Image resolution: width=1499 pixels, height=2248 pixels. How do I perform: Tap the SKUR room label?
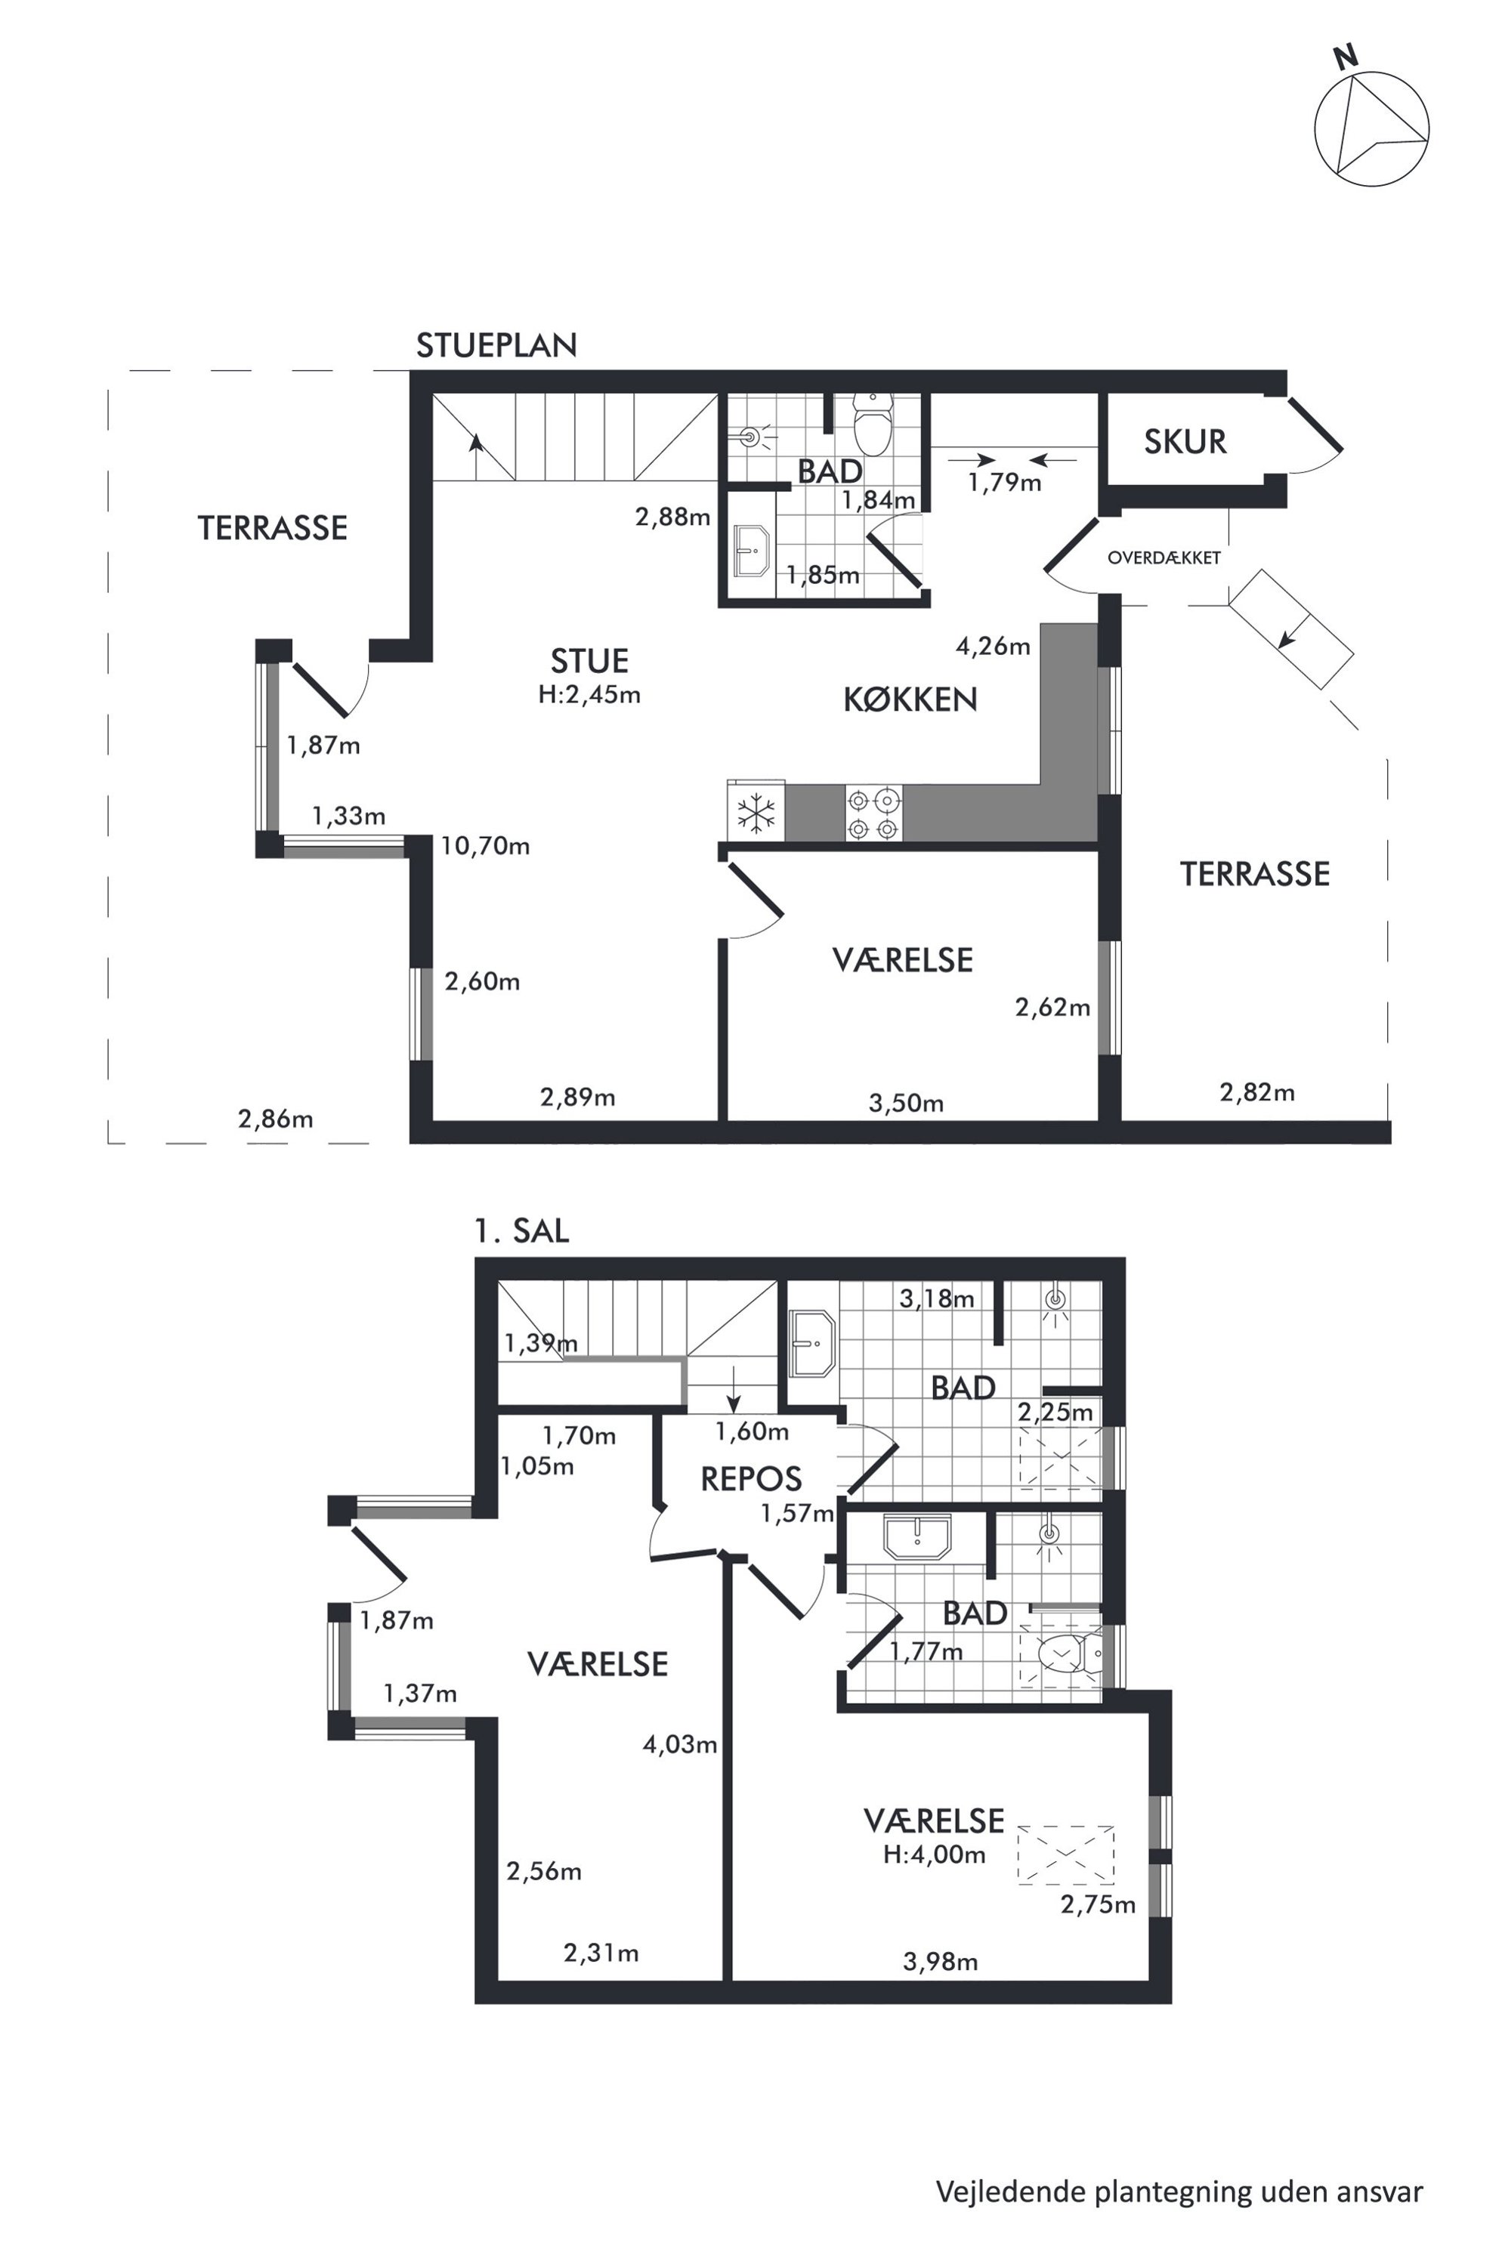click(x=1185, y=442)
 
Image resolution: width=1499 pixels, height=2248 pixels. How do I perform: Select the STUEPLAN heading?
click(x=496, y=345)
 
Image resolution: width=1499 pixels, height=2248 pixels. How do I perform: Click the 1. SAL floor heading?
click(x=522, y=1230)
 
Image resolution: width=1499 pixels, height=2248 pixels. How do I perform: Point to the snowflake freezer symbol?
click(x=756, y=813)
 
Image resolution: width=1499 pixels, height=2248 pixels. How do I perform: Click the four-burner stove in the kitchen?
click(x=873, y=813)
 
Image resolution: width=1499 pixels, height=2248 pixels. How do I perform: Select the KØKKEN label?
click(x=910, y=699)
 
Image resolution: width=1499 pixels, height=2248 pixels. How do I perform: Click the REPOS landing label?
click(x=752, y=1480)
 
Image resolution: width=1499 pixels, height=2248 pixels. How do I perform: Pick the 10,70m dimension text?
click(x=486, y=846)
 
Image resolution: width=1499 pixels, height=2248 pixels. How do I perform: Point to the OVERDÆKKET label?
click(x=1164, y=557)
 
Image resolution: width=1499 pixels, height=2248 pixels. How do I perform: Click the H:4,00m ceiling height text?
click(x=934, y=1855)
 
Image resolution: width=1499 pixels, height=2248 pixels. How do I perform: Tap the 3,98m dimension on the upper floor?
click(x=941, y=1962)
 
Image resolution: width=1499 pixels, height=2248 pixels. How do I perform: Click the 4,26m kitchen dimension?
click(x=994, y=646)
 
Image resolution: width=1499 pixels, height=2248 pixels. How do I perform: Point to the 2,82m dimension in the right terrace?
click(x=1257, y=1092)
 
